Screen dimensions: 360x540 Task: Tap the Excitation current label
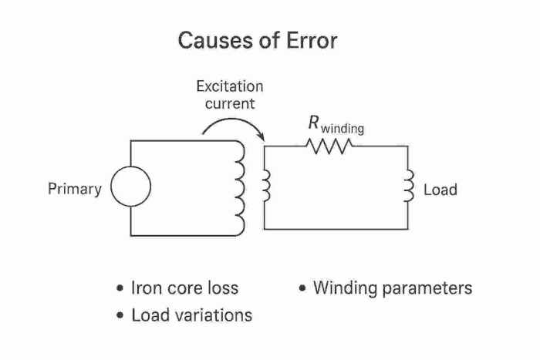[x=229, y=94]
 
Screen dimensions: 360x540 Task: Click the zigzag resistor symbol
[x=329, y=146]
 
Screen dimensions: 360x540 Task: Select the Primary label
[x=74, y=189]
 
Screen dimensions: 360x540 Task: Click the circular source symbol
[x=130, y=188]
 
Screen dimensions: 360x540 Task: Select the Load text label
[x=440, y=190]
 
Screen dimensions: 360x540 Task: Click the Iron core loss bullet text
[x=185, y=288]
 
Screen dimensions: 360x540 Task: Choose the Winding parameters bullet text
[x=393, y=288]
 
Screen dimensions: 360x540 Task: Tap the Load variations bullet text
[x=192, y=315]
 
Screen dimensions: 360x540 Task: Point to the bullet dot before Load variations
[x=120, y=316]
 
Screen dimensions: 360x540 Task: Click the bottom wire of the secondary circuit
[x=336, y=229]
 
